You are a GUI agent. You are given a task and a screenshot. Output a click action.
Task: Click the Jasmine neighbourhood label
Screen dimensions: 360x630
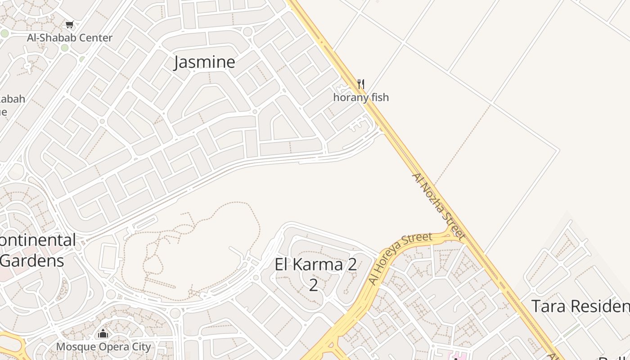click(204, 62)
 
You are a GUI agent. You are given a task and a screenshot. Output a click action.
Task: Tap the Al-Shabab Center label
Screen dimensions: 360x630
click(70, 38)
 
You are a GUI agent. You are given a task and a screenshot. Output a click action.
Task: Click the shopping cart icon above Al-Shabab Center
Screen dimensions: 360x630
click(69, 25)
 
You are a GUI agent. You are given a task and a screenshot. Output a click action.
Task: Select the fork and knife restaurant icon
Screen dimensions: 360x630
click(360, 84)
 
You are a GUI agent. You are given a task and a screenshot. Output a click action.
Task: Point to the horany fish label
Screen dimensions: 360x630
click(361, 97)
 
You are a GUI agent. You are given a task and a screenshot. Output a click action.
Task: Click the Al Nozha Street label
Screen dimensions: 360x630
click(438, 205)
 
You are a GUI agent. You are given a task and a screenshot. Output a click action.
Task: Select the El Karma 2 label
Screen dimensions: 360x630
click(316, 264)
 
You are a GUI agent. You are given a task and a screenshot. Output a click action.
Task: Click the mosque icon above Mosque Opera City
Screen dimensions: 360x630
click(103, 334)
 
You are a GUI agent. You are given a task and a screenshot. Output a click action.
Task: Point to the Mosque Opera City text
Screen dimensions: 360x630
click(103, 347)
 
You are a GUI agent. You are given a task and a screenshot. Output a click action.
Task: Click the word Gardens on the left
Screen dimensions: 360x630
click(32, 261)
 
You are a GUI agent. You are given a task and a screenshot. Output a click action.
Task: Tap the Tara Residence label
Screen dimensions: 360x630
click(580, 306)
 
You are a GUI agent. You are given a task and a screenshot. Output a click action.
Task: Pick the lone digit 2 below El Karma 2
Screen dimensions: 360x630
click(313, 285)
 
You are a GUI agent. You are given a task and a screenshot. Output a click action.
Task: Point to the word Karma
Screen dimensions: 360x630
click(317, 264)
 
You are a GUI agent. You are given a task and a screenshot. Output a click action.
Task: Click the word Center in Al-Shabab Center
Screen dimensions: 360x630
click(96, 38)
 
